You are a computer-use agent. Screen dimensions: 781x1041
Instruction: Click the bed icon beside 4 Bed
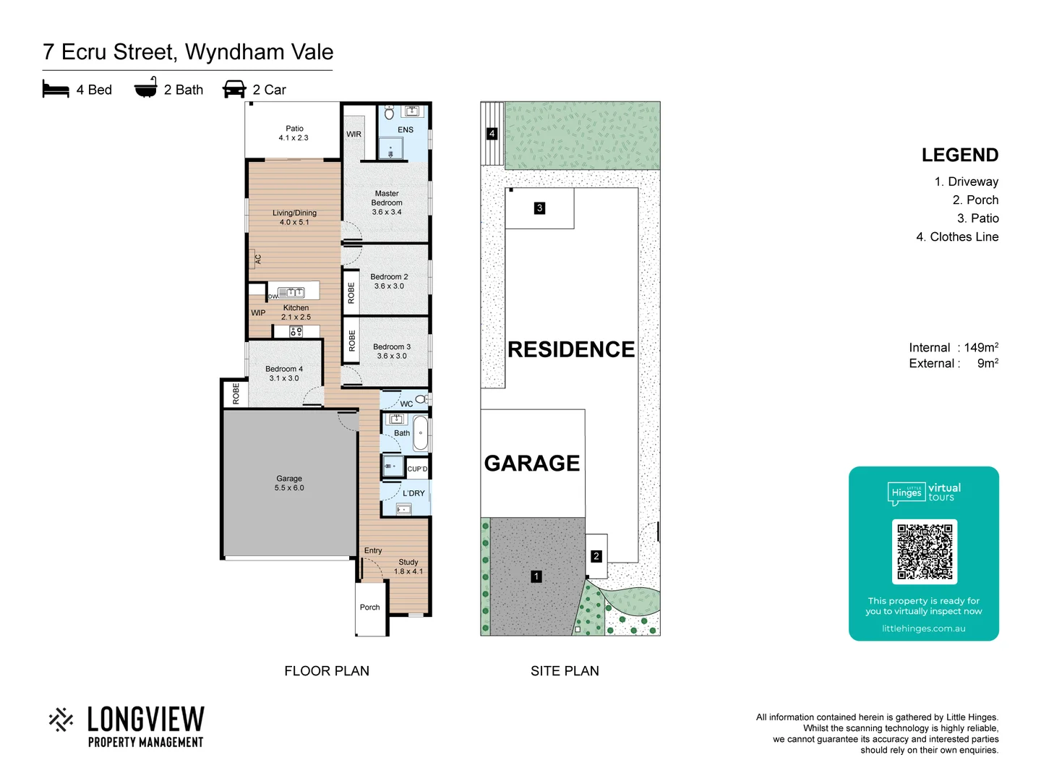56,89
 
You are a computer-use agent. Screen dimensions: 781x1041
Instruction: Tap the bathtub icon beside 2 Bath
145,88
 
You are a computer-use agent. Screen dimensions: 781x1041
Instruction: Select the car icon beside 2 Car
234,89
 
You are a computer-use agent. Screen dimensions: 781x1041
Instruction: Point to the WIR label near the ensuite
354,135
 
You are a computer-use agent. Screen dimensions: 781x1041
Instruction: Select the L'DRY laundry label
414,493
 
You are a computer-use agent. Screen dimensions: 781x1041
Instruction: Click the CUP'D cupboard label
417,469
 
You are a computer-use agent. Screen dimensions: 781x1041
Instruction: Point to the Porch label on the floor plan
369,607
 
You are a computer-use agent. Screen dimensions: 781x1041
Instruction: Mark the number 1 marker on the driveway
536,576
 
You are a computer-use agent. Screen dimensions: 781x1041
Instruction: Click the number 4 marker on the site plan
492,134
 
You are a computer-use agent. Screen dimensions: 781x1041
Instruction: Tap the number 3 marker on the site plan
539,208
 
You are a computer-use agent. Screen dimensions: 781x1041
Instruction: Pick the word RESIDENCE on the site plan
571,349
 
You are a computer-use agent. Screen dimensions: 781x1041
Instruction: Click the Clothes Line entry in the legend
957,236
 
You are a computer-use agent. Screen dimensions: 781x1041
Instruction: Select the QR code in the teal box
924,551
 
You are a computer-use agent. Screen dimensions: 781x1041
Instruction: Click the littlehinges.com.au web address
923,628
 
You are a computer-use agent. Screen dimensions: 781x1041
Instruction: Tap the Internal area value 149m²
981,348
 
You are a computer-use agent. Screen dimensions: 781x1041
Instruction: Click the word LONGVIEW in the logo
146,720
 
